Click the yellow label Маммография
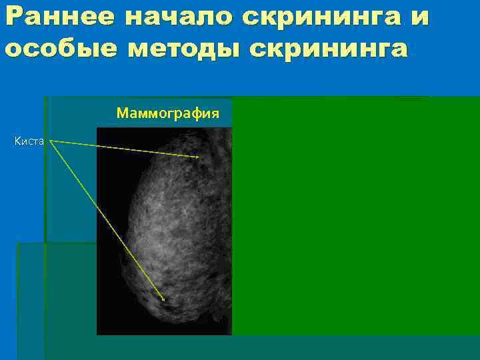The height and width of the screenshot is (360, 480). tap(167, 113)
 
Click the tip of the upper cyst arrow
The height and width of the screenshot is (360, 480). tap(199, 157)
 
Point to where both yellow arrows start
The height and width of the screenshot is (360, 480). tap(50, 141)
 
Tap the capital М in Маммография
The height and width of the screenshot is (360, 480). tap(122, 113)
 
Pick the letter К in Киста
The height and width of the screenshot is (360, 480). tap(17, 141)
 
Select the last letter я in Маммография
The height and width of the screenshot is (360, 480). tap(215, 113)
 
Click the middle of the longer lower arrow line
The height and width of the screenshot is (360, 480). tap(107, 220)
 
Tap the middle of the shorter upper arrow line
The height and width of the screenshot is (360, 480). tap(124, 149)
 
